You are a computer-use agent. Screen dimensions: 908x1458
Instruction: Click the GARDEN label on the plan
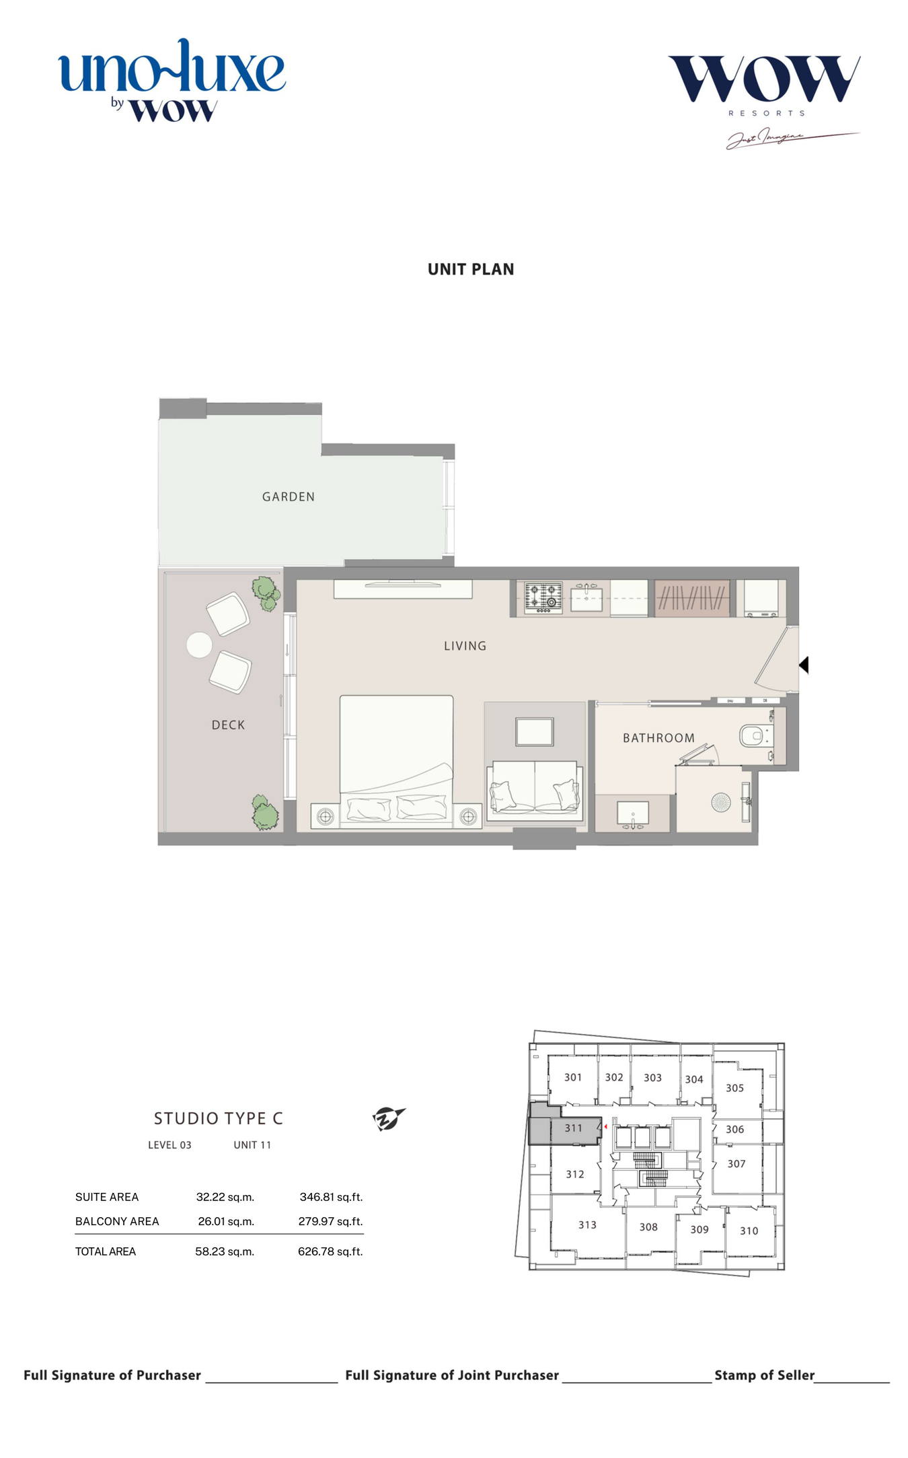coord(288,497)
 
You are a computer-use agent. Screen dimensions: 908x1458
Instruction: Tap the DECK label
coord(228,725)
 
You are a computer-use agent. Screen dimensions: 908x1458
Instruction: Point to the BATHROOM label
coord(658,738)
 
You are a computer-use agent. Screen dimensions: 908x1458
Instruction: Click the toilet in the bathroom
coord(755,735)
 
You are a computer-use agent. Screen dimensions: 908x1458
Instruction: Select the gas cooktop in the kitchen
coord(543,597)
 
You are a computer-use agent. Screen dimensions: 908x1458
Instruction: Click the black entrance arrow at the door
coord(803,665)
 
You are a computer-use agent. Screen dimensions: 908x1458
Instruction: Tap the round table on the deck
coord(199,645)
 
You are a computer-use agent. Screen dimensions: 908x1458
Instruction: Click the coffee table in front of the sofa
coord(535,731)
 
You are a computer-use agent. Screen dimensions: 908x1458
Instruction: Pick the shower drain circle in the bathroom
coord(720,802)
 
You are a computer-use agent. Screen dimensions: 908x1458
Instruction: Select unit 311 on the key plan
coord(573,1128)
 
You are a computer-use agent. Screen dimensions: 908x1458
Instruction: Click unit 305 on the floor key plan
coord(734,1088)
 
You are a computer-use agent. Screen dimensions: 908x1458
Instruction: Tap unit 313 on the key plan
coord(587,1225)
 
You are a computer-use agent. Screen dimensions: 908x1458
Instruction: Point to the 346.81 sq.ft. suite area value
coord(331,1197)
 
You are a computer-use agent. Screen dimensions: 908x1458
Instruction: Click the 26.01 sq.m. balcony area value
coord(226,1221)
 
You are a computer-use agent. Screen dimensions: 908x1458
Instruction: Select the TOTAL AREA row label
coord(106,1251)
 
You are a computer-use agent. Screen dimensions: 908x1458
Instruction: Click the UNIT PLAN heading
coord(471,269)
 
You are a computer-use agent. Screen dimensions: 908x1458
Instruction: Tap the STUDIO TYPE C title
coord(219,1118)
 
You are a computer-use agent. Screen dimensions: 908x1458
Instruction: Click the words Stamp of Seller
coord(765,1375)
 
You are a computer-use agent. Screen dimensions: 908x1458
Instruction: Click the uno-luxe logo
coord(172,79)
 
